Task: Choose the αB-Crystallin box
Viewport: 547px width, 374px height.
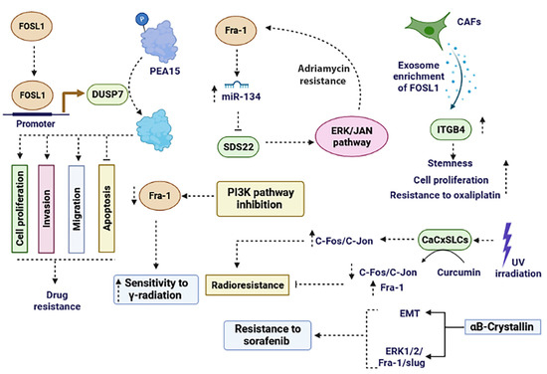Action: coord(488,323)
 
